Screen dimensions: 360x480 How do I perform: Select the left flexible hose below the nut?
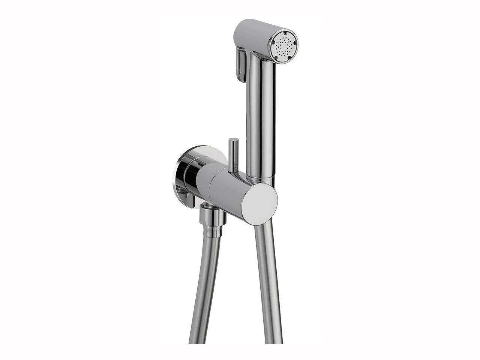point(204,285)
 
